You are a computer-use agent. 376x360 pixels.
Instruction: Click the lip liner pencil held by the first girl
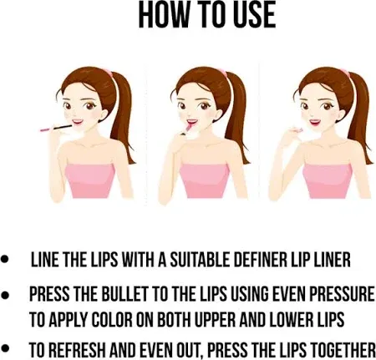point(56,128)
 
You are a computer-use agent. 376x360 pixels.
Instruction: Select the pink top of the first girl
point(90,181)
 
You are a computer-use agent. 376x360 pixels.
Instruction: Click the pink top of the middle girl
point(204,181)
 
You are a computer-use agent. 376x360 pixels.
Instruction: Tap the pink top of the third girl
point(328,181)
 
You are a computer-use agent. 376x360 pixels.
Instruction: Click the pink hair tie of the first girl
point(108,74)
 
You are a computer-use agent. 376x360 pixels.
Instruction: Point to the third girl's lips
point(314,122)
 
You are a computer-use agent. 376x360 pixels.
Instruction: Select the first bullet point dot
point(5,260)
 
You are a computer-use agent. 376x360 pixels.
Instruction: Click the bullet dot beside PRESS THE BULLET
point(5,295)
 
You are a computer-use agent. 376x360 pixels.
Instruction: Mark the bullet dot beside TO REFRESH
point(5,347)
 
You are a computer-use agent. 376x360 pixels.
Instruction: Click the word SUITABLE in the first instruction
point(200,260)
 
